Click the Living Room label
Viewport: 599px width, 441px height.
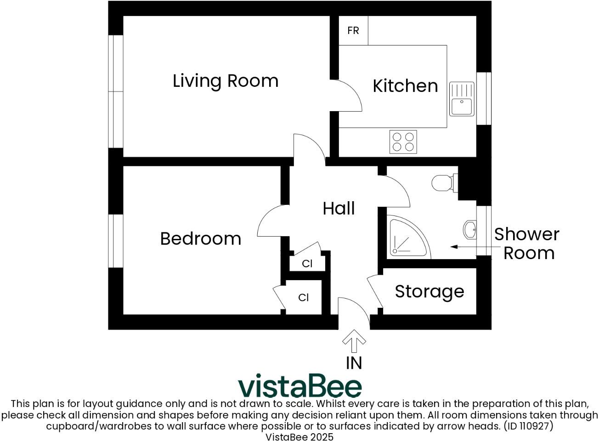[x=226, y=81]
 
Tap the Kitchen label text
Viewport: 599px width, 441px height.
[x=405, y=86]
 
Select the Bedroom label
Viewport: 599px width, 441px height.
[x=201, y=239]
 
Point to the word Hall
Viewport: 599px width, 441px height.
[x=339, y=209]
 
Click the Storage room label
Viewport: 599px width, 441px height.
[x=429, y=292]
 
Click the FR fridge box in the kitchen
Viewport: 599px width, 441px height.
[x=353, y=31]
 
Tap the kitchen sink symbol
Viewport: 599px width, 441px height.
[x=462, y=99]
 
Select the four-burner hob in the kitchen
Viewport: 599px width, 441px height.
[x=403, y=141]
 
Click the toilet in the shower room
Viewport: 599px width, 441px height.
[x=444, y=182]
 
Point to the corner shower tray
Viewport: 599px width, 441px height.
[x=407, y=238]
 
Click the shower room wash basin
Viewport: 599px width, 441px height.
[x=470, y=229]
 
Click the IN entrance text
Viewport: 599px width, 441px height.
[x=354, y=363]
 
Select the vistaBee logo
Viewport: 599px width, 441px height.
[x=299, y=386]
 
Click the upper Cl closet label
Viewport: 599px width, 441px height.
[x=307, y=264]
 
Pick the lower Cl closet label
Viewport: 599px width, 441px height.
[x=303, y=298]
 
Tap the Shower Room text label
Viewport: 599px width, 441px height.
[x=527, y=243]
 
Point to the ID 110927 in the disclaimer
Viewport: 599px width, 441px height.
[x=528, y=426]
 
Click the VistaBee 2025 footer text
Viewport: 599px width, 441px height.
[x=299, y=436]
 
